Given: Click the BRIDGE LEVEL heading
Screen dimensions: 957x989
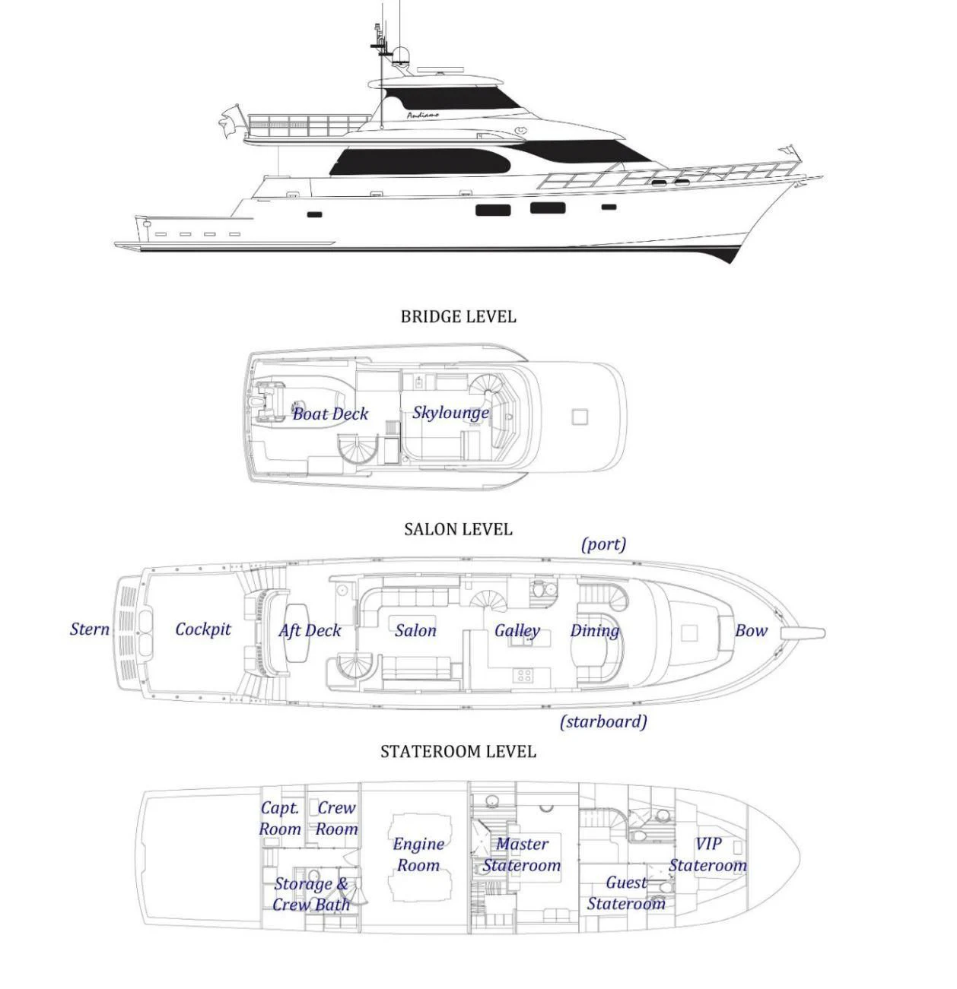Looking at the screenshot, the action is tap(458, 317).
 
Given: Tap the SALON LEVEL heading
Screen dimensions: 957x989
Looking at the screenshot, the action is tap(458, 530).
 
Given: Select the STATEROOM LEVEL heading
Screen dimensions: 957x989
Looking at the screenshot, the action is tap(458, 752).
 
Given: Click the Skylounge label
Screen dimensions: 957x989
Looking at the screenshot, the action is tap(450, 413).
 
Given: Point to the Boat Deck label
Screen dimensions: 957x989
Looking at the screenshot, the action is tap(330, 414).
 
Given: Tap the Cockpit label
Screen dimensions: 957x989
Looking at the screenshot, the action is tap(203, 629).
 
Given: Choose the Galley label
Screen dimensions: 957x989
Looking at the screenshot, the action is tap(517, 631).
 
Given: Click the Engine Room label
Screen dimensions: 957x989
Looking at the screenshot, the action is tap(418, 855).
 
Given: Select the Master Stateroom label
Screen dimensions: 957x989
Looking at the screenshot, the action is tap(522, 855).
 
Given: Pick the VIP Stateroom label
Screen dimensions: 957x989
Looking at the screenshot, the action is tap(707, 855).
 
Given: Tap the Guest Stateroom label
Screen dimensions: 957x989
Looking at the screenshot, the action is tap(627, 893).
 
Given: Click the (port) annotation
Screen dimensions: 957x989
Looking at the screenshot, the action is tap(603, 544).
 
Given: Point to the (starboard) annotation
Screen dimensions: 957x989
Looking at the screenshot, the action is tap(603, 721).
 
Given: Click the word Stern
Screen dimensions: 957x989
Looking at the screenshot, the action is tap(90, 629).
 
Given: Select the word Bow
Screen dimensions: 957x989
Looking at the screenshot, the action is tap(751, 631).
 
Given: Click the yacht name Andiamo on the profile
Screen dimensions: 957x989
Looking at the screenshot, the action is tap(422, 116).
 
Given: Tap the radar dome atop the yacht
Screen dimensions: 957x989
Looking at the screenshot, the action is tap(401, 55).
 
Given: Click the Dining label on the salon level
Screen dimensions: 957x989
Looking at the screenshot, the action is tap(595, 631).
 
